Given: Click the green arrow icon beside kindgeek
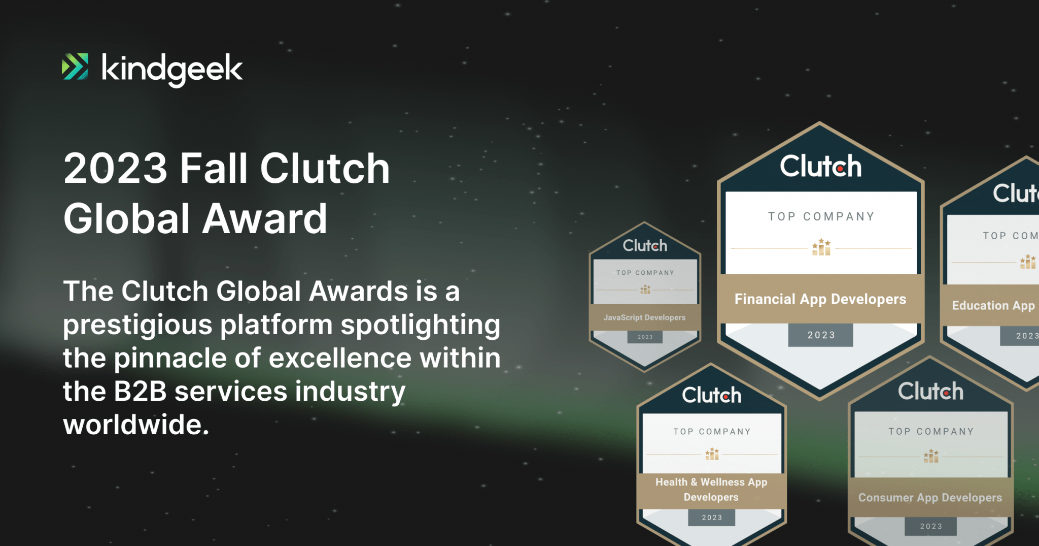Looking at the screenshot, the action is (75, 67).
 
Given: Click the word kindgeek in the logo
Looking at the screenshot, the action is (172, 70).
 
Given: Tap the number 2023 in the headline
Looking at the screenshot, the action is (116, 169).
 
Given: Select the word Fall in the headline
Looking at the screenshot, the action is (214, 168).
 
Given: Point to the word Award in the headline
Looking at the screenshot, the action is (266, 218).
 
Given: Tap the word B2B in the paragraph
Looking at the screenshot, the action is (140, 392).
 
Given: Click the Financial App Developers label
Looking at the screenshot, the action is (820, 299).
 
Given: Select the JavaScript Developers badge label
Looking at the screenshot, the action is (644, 317).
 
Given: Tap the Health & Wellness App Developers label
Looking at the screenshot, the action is (711, 490).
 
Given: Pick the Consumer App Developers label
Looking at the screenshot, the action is (930, 498).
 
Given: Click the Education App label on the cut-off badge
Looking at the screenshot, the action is (993, 305).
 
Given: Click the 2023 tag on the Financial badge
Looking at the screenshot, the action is (821, 335).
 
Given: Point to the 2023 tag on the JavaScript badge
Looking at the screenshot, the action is (645, 337).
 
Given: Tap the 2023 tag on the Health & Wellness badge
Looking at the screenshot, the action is (712, 518).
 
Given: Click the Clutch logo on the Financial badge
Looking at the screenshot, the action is (820, 166).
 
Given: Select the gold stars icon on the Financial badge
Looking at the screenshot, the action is (821, 247).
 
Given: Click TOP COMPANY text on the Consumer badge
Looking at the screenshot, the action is (931, 431).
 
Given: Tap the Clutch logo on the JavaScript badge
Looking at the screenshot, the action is (645, 246).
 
